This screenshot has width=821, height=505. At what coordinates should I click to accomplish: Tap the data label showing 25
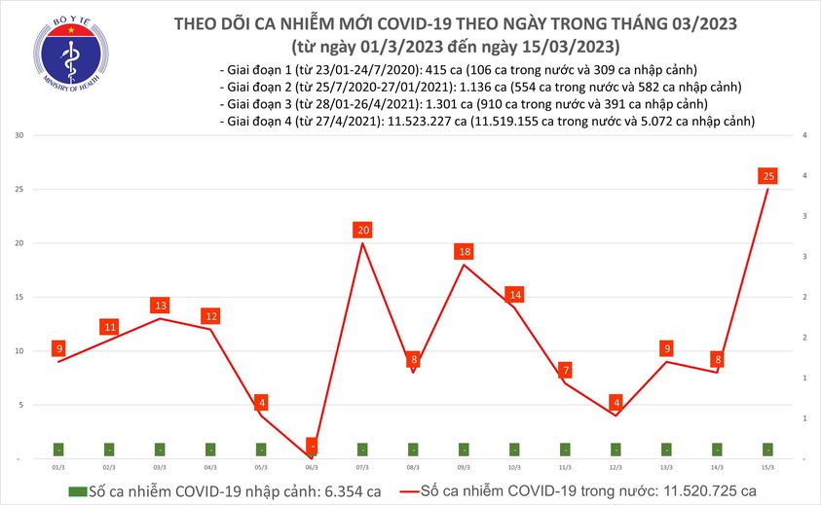pyautogui.click(x=768, y=176)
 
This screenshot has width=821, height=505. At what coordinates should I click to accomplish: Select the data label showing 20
pyautogui.click(x=363, y=231)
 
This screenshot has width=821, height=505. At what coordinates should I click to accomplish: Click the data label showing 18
pyautogui.click(x=465, y=252)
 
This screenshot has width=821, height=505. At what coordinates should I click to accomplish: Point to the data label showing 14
pyautogui.click(x=515, y=295)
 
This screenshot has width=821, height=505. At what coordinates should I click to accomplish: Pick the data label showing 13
pyautogui.click(x=160, y=306)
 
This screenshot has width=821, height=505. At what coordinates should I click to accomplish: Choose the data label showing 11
pyautogui.click(x=109, y=327)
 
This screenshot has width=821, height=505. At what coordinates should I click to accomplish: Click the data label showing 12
pyautogui.click(x=210, y=316)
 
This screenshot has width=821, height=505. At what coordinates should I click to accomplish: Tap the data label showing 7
pyautogui.click(x=566, y=371)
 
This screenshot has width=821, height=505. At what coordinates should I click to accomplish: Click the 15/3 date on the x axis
pyautogui.click(x=768, y=468)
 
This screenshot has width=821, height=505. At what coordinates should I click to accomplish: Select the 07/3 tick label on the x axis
pyautogui.click(x=362, y=468)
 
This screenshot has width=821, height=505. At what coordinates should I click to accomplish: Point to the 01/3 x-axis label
pyautogui.click(x=58, y=468)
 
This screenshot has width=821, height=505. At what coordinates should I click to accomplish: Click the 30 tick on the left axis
pyautogui.click(x=19, y=135)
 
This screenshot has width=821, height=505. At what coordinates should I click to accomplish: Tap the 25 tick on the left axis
pyautogui.click(x=19, y=189)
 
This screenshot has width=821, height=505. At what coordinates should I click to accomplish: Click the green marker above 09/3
pyautogui.click(x=465, y=450)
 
